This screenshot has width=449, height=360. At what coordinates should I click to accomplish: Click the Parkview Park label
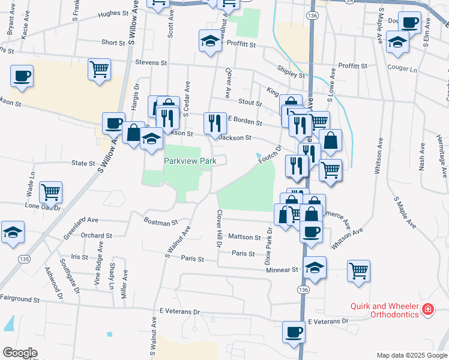[x=190, y=162]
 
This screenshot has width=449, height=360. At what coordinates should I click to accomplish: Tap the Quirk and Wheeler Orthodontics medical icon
[x=427, y=310]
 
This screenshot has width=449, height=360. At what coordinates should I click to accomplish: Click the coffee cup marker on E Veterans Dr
[x=294, y=332]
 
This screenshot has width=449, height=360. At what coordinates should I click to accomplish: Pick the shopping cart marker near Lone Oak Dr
[x=51, y=193]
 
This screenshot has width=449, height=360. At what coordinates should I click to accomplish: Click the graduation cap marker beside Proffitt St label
[x=210, y=41]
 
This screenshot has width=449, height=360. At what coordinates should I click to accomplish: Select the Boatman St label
[x=161, y=221]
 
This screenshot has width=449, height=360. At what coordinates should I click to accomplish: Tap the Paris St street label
[x=193, y=260]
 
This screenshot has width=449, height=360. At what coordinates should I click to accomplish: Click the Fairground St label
[x=20, y=298]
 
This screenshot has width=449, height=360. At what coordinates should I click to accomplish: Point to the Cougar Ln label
[x=402, y=69]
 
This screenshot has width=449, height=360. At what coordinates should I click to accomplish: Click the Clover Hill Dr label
[x=219, y=229]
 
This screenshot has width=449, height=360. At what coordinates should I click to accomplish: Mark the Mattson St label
[x=244, y=237]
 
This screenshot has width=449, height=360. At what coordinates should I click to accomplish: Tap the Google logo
[x=20, y=353]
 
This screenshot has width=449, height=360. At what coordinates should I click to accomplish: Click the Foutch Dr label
[x=271, y=152]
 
